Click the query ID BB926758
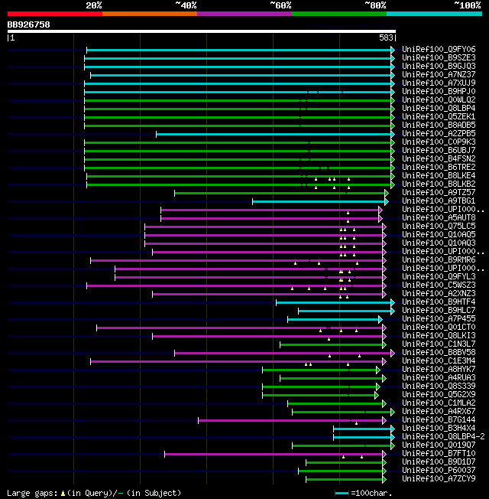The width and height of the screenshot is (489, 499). (29, 24)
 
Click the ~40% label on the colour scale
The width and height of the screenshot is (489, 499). (186, 5)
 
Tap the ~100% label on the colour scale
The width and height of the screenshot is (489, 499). (467, 5)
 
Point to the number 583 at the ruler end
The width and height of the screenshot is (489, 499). (387, 37)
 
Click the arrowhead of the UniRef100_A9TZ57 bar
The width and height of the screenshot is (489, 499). (387, 193)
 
